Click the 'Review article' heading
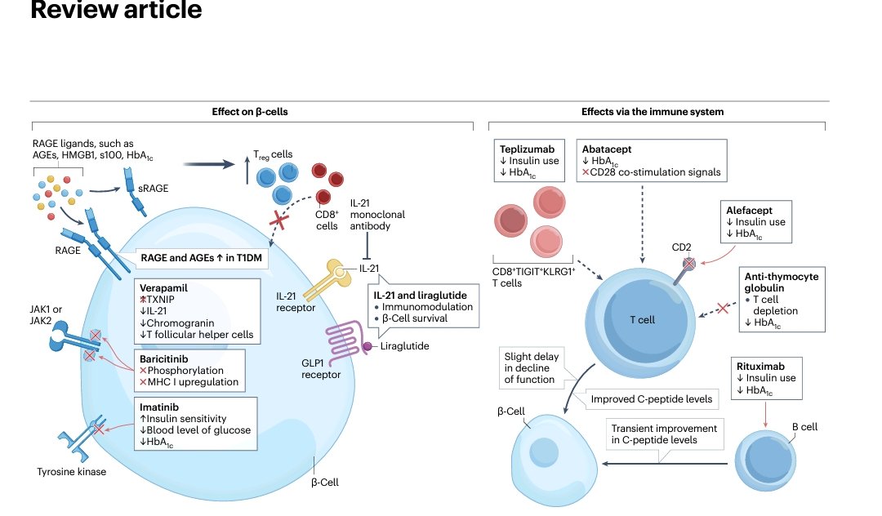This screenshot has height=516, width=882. coord(115,11)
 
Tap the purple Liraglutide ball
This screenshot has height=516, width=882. coord(367,346)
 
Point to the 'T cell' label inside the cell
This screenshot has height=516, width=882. coord(641,320)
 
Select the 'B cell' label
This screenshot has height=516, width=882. coord(804,426)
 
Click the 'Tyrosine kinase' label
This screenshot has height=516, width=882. coord(72,472)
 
